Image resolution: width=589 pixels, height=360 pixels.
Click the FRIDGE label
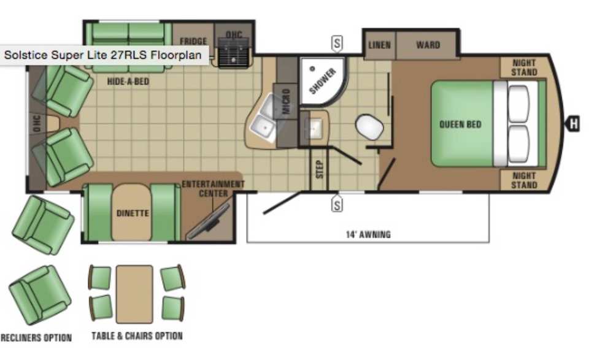point(193,41)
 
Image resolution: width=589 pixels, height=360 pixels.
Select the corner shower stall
point(323,81)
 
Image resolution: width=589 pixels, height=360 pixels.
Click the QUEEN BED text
point(460,124)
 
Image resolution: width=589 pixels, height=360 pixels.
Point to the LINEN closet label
point(379,45)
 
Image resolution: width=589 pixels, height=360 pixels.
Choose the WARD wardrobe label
point(428,45)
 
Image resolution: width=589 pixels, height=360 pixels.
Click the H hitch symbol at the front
point(573,123)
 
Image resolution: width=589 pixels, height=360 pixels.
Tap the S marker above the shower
point(337,44)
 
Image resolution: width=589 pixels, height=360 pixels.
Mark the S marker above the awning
point(337,205)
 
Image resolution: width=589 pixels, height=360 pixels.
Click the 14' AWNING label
point(368,235)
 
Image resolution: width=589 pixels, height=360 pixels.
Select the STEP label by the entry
point(319,169)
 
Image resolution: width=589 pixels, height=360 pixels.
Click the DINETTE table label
point(133,213)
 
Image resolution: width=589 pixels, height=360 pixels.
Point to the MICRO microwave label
point(286,101)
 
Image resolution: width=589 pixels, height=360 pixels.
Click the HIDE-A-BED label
point(128,82)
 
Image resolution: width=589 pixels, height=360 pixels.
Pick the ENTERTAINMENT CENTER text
point(213,189)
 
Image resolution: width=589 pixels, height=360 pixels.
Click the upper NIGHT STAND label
point(524,67)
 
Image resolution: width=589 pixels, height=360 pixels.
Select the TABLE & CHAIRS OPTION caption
point(137,335)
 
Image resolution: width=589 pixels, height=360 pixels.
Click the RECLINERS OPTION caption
point(36,338)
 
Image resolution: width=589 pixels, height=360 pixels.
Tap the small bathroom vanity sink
point(314,128)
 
